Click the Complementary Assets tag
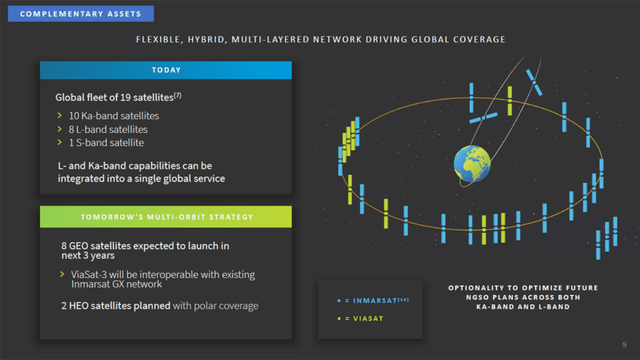(80, 13)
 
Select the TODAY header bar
(166, 70)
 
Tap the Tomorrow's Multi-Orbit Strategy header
(166, 217)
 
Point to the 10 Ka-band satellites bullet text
(114, 116)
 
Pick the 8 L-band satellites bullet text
(108, 129)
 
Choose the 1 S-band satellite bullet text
(106, 142)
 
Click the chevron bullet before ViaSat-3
(62, 274)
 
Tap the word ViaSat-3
(88, 274)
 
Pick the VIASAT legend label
(368, 319)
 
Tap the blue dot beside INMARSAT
(339, 301)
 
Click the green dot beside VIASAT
(339, 319)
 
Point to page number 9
(624, 344)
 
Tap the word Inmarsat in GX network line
(91, 284)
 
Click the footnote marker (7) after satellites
(178, 95)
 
